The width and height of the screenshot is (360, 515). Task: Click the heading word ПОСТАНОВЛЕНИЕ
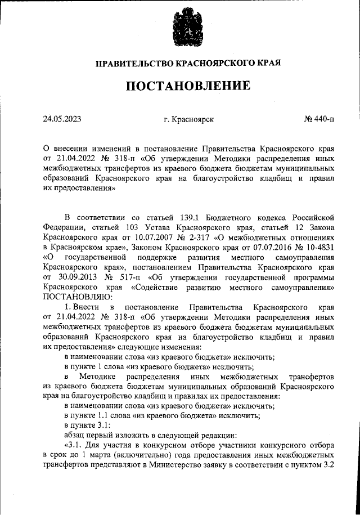pos(187,86)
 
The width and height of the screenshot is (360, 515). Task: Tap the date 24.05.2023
pos(63,119)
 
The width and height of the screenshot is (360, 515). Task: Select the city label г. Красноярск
pos(188,119)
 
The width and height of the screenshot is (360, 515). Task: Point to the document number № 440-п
pos(319,119)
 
